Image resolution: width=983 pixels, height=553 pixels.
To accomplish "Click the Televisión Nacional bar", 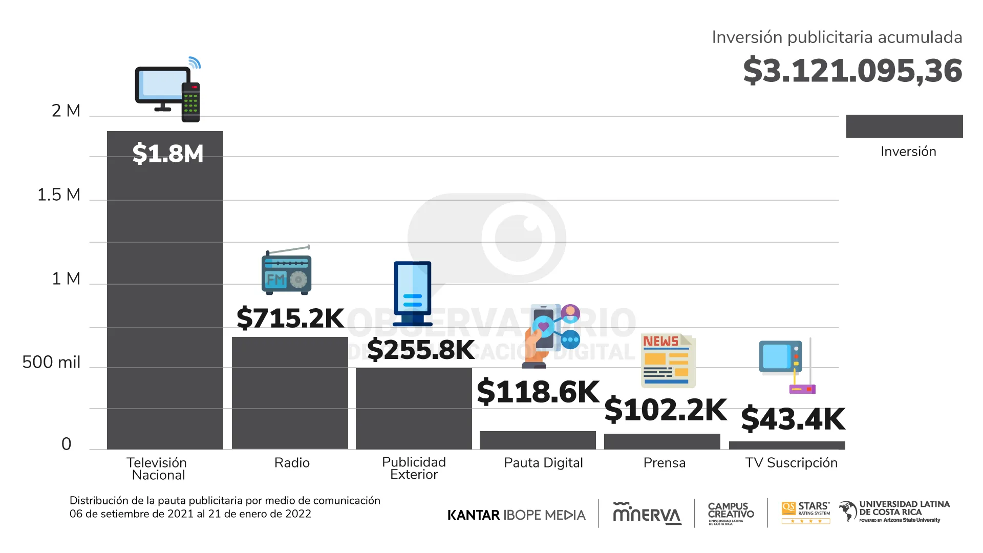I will (165, 297).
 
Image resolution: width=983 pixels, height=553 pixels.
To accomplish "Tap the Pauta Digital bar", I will (538, 440).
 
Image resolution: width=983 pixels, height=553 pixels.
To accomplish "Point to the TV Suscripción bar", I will (787, 445).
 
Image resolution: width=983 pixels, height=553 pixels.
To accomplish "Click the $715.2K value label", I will (290, 318).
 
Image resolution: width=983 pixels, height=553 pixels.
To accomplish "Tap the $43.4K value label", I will (793, 419).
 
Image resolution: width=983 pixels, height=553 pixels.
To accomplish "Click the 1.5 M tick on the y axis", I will (59, 195).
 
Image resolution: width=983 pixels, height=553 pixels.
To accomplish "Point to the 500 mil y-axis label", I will (51, 363).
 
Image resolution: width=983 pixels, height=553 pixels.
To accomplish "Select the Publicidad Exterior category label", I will (414, 468).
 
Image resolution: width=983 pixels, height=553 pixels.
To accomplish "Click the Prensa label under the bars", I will (664, 463).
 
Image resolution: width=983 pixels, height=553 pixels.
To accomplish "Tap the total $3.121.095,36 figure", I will (852, 71).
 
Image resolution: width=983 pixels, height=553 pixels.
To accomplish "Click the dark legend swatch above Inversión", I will (904, 126).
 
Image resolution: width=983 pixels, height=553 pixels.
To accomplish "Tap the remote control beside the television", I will (191, 102).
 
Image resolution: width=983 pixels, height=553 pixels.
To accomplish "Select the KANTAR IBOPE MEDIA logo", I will (516, 515).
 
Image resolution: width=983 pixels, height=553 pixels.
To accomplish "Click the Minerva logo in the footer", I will (647, 514).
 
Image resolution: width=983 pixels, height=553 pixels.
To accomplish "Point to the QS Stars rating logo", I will (806, 512).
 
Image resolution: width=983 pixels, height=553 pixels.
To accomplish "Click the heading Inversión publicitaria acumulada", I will (837, 37).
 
